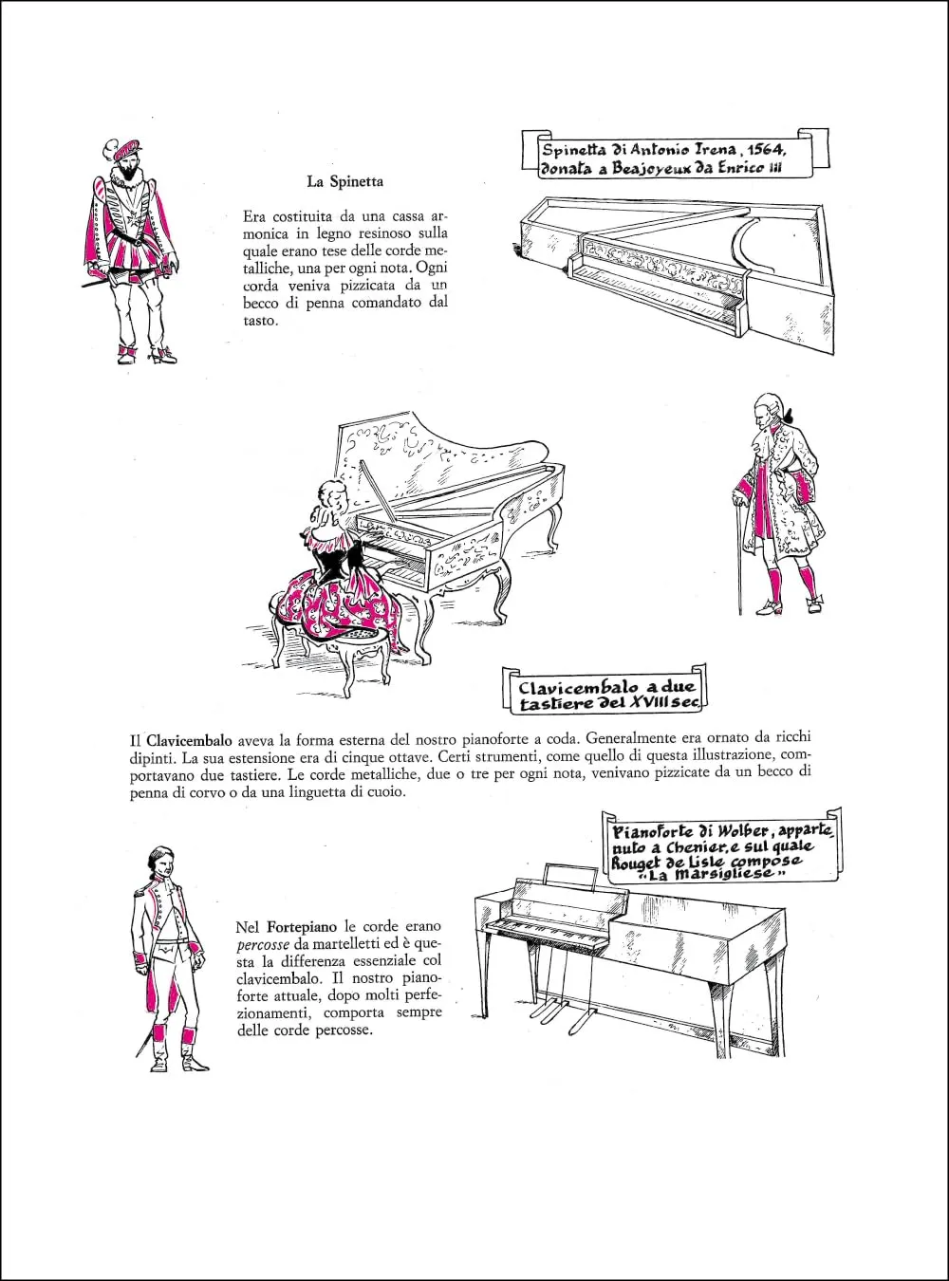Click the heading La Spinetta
tap(344, 180)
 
